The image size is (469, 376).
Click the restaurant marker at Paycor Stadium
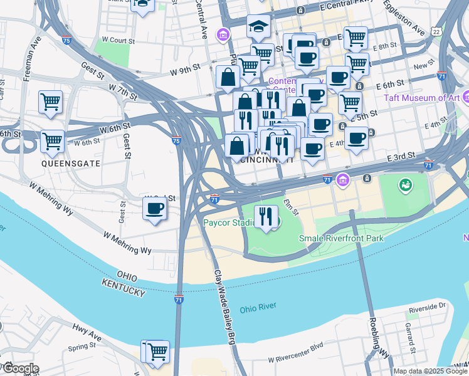click(266, 217)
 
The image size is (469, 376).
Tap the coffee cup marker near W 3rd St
click(155, 209)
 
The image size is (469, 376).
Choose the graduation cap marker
click(258, 28)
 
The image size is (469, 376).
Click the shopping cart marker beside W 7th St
click(51, 102)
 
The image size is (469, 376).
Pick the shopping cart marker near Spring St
click(157, 351)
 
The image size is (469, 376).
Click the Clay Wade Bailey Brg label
click(225, 307)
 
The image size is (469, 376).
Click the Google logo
click(20, 368)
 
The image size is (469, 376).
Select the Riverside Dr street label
click(427, 306)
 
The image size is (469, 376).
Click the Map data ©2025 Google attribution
click(430, 371)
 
